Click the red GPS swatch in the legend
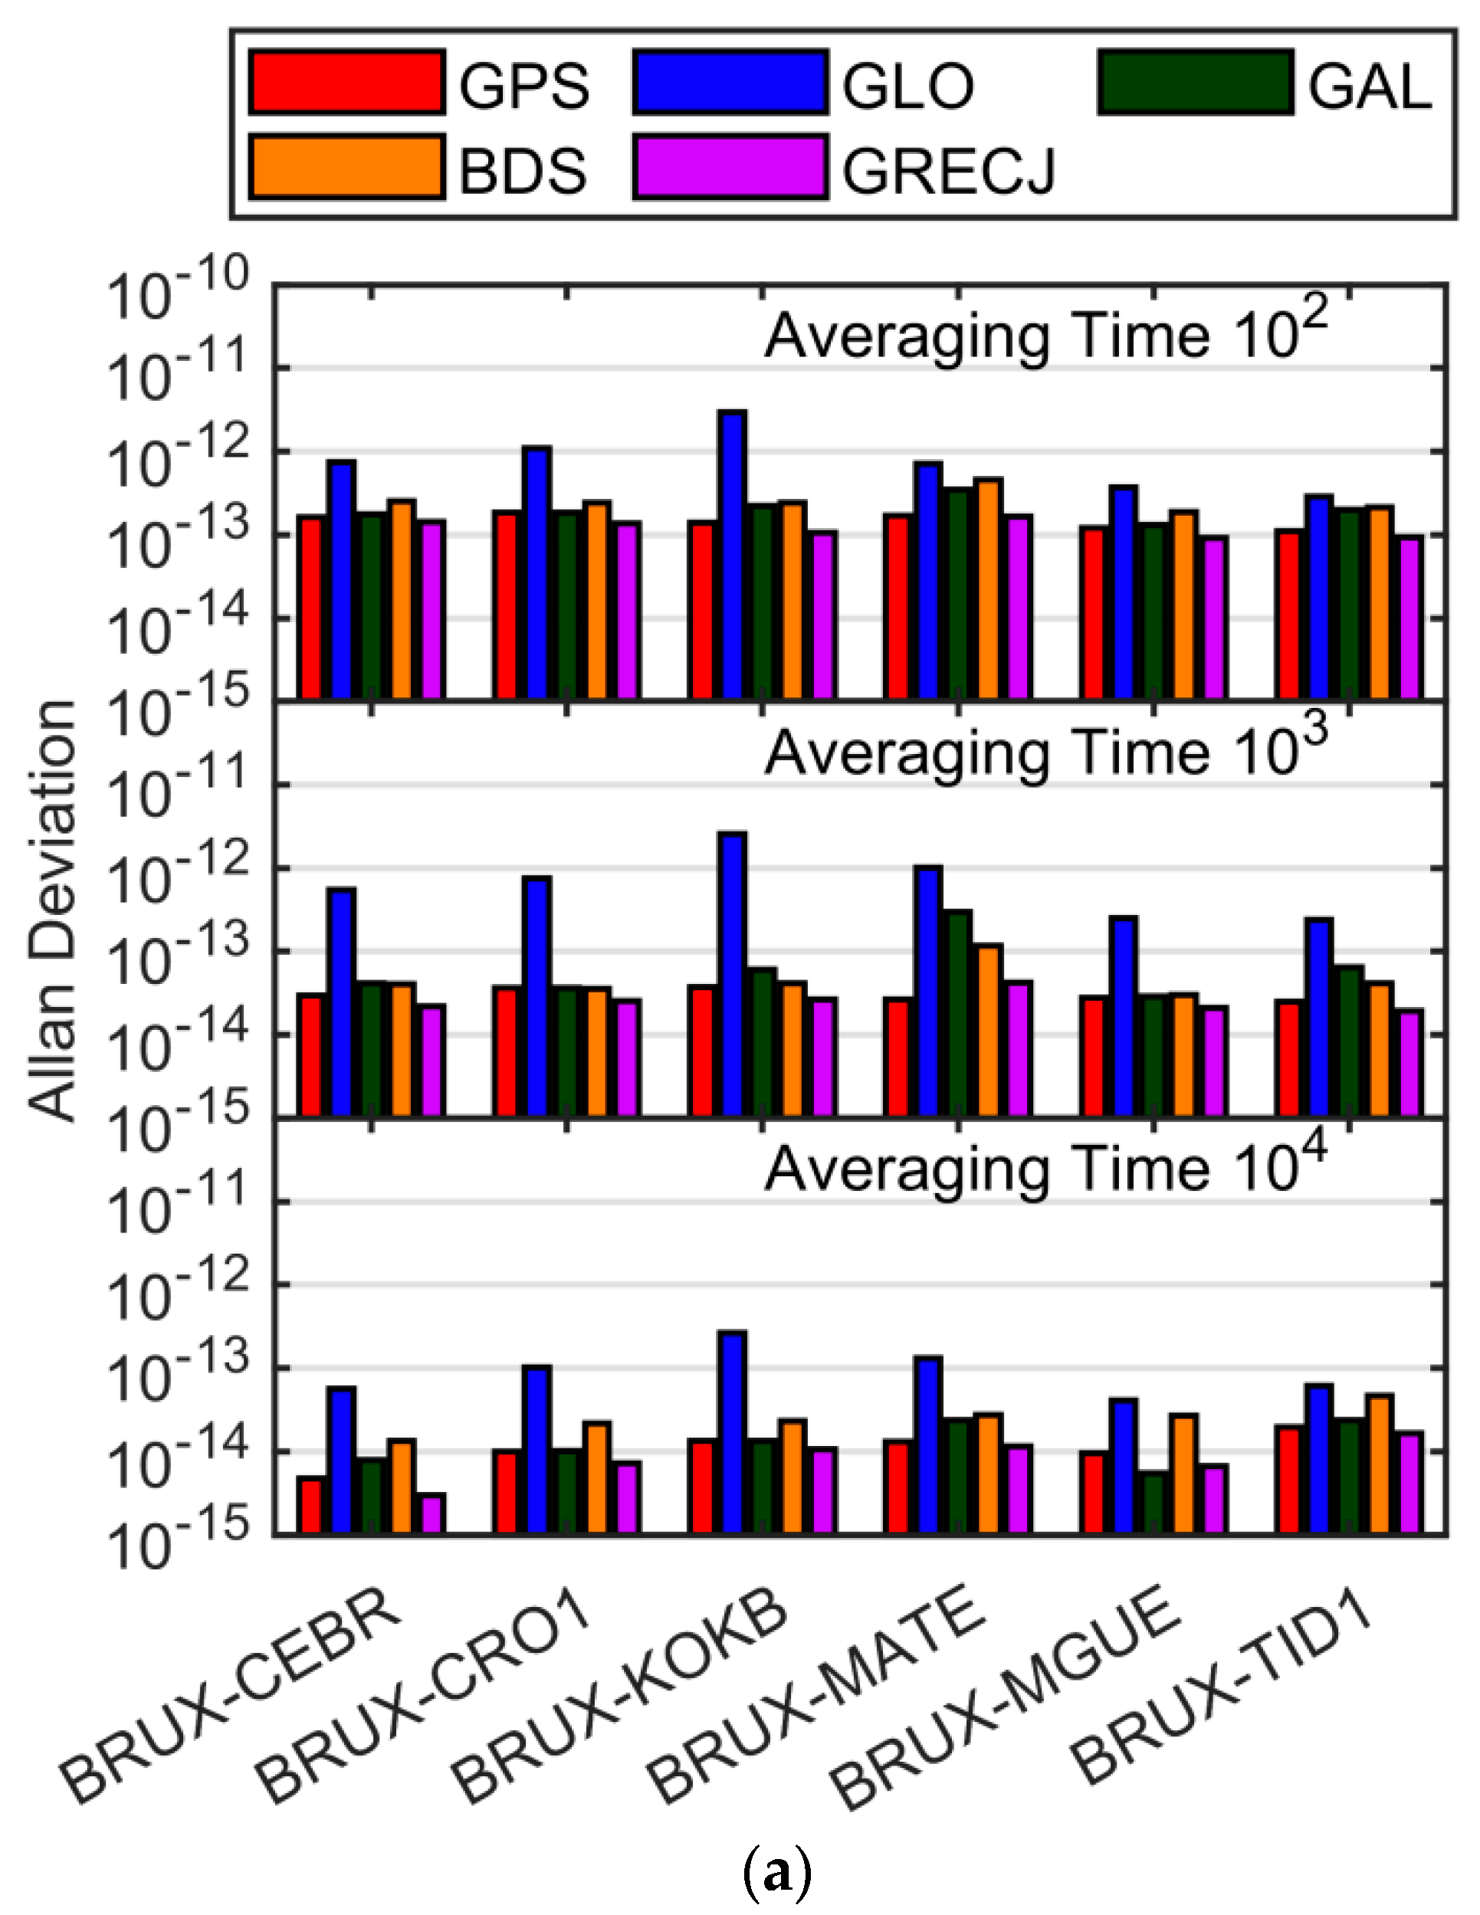346,84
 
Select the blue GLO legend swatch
730,84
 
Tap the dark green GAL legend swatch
1195,84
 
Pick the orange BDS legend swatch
346,166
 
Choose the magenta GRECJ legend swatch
730,166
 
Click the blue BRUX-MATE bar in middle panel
927,991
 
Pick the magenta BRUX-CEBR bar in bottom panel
433,1514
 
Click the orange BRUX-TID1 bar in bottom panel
1379,1464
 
